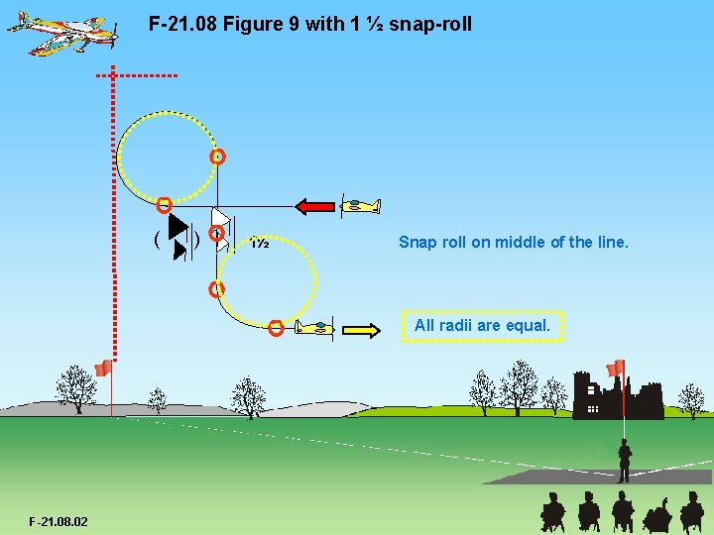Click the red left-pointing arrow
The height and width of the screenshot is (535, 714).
[316, 206]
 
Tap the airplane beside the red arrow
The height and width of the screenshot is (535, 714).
[358, 206]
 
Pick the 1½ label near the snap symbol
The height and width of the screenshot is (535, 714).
[260, 243]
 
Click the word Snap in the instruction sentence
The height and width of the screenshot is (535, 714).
[416, 242]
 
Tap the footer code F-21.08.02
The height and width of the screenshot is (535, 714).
[59, 521]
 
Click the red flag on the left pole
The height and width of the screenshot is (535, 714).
[101, 370]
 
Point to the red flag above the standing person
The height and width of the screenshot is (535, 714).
[616, 368]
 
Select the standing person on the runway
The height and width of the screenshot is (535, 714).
[624, 461]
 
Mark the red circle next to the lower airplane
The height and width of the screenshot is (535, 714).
[277, 329]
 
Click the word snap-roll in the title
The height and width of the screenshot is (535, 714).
[430, 23]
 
